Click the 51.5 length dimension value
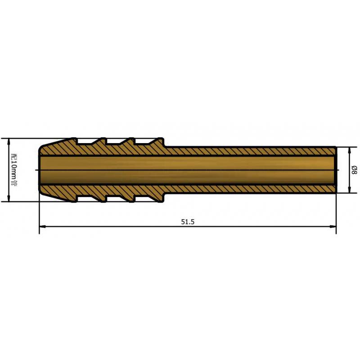click(x=188, y=221)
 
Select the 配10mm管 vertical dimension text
click(x=13, y=170)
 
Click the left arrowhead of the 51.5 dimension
click(x=42, y=226)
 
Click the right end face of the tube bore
click(x=335, y=170)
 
